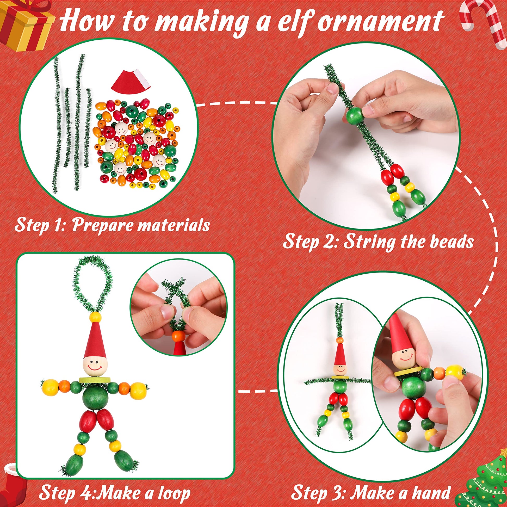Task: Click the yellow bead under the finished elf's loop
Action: pos(95,317)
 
